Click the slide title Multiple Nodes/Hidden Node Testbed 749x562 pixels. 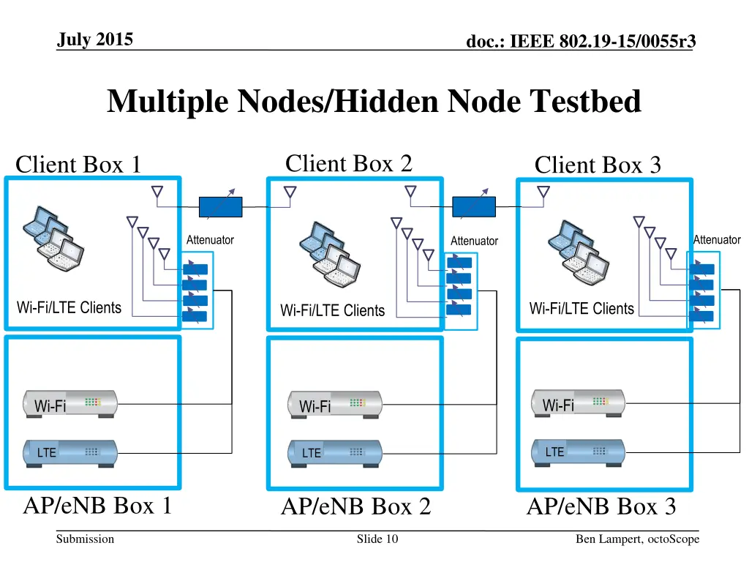(x=374, y=101)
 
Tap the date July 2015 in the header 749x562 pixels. (x=95, y=40)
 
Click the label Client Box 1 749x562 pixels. (x=78, y=165)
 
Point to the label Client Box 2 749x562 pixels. (x=348, y=163)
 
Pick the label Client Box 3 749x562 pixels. (x=598, y=165)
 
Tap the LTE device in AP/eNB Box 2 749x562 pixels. (x=335, y=453)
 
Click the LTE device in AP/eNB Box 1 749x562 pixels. (x=70, y=452)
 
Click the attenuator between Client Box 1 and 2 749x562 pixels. (x=220, y=207)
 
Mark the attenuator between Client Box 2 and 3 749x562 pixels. (x=473, y=207)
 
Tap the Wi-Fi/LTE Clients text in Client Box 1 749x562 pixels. (x=69, y=307)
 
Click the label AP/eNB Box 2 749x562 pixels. (x=355, y=506)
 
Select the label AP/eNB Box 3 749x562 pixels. (x=601, y=506)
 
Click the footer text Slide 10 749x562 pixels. (x=377, y=539)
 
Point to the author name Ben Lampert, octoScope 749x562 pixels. (x=637, y=539)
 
